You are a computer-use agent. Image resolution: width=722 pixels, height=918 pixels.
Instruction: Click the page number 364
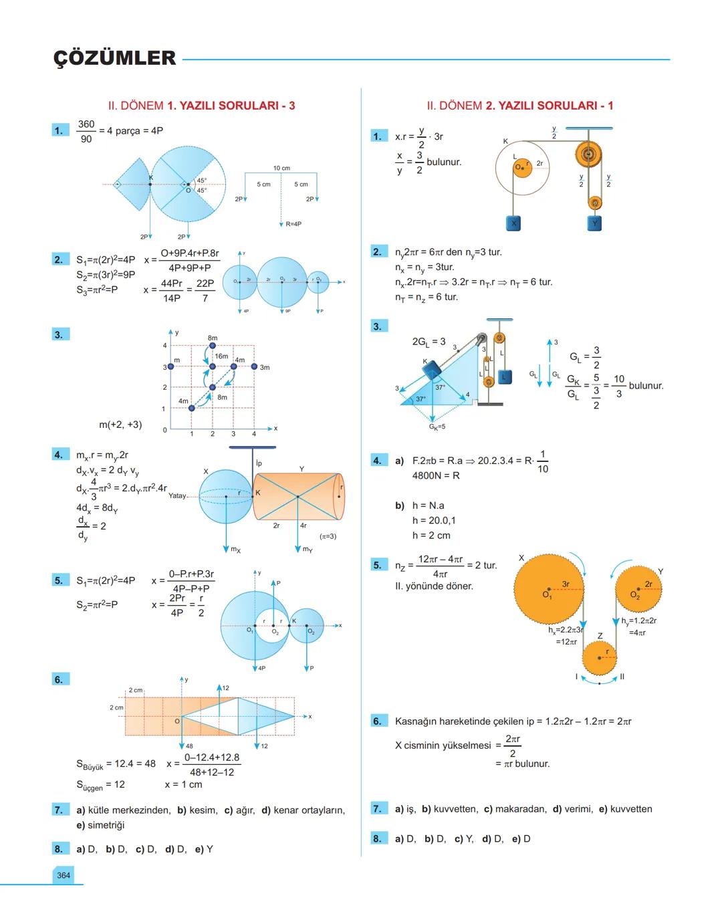[x=64, y=875]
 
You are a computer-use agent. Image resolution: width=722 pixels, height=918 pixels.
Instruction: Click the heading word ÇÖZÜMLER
[x=114, y=58]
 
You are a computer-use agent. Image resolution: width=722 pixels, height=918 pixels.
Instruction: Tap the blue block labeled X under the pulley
[x=513, y=223]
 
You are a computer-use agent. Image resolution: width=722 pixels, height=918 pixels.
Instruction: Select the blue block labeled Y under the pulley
[x=595, y=223]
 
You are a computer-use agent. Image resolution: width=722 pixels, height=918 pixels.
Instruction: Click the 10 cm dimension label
[x=281, y=168]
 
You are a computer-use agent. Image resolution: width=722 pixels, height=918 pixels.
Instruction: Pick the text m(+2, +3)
[x=120, y=425]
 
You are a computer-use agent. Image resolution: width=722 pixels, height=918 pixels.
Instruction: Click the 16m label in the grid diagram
[x=221, y=356]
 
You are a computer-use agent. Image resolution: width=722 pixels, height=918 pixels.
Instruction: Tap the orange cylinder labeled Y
[x=297, y=496]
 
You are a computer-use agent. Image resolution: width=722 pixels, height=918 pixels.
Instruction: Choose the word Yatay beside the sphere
[x=177, y=496]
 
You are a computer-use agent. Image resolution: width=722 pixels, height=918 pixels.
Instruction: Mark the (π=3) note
[x=328, y=536]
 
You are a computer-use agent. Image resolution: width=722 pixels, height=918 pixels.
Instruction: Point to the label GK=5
[x=437, y=427]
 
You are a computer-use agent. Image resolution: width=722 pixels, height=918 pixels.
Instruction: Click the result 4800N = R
[x=436, y=476]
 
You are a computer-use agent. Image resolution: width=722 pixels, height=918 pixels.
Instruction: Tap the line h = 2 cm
[x=431, y=535]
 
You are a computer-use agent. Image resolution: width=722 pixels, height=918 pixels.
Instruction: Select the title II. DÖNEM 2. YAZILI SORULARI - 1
[x=519, y=106]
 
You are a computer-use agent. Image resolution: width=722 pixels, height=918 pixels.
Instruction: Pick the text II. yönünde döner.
[x=434, y=586]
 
